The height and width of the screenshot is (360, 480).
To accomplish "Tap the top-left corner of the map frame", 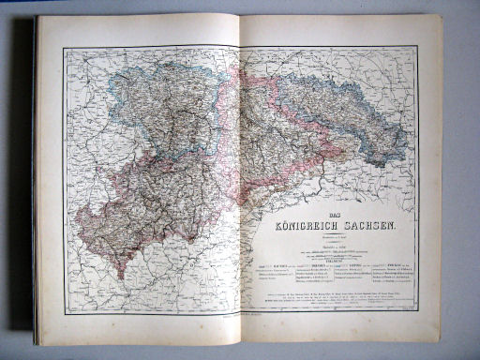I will tap(64, 48).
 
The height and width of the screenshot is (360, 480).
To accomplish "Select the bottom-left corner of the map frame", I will tap(66, 316).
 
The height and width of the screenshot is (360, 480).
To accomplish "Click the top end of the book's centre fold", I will tap(240, 17).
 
